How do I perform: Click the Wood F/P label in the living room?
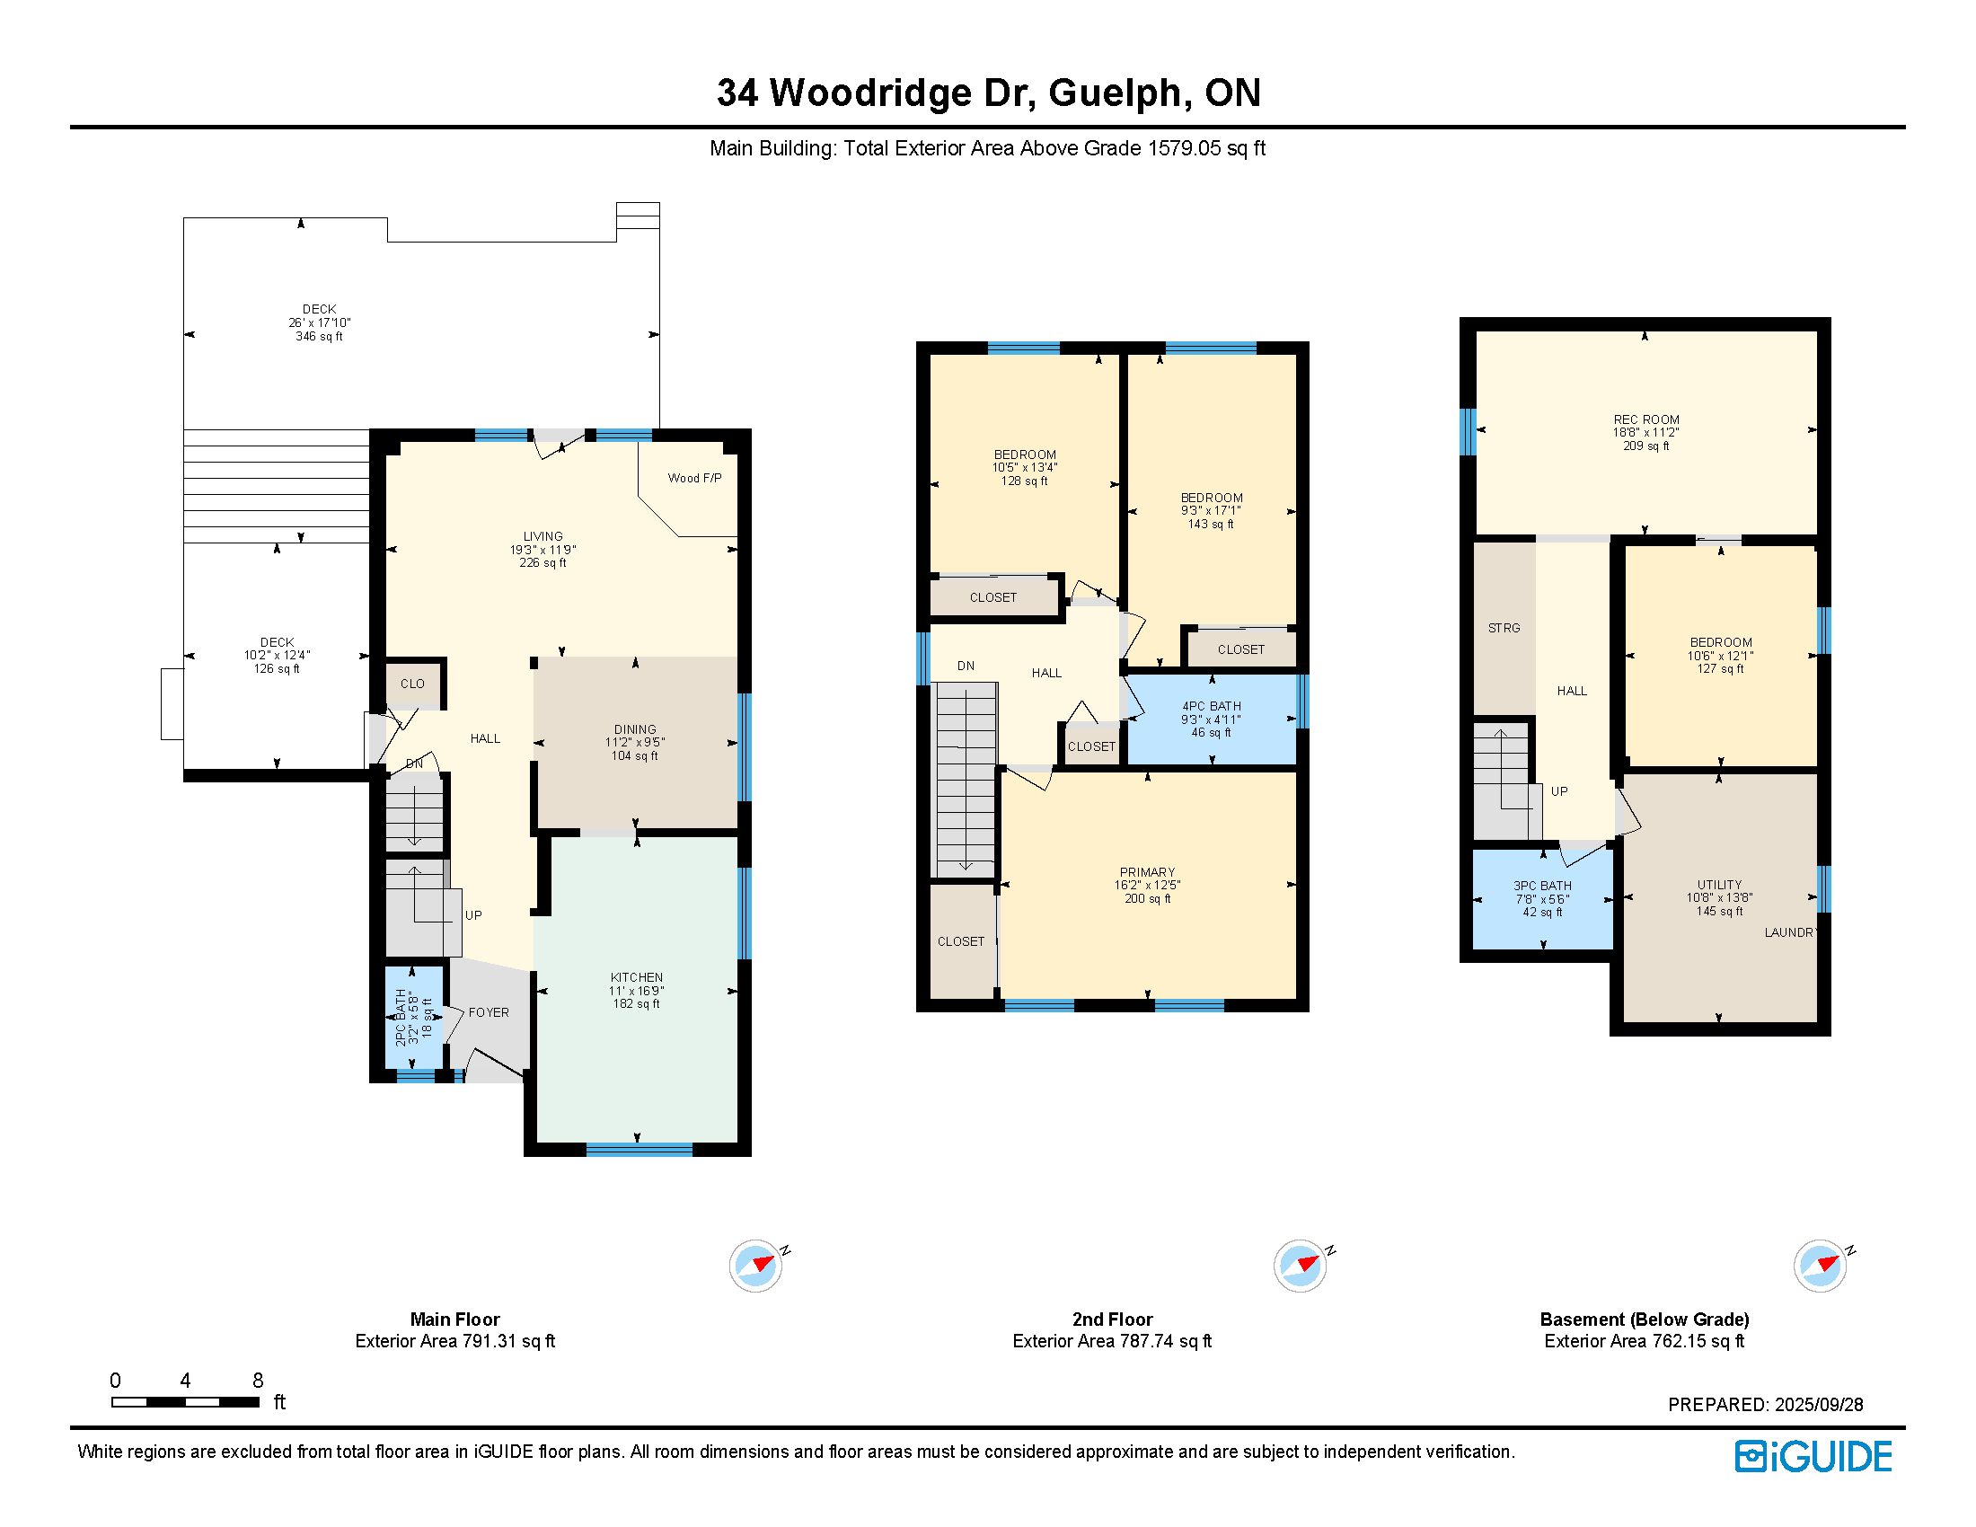pos(694,478)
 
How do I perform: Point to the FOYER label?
pos(489,1012)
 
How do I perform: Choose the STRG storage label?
pos(1504,628)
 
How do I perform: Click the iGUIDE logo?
pos(1813,1456)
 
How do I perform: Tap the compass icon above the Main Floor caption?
pos(756,1266)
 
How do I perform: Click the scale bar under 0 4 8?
pos(186,1402)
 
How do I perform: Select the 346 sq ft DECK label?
pos(320,323)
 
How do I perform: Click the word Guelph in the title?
pos(1116,93)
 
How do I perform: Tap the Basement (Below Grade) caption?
pos(1644,1319)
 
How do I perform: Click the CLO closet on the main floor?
pos(412,684)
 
